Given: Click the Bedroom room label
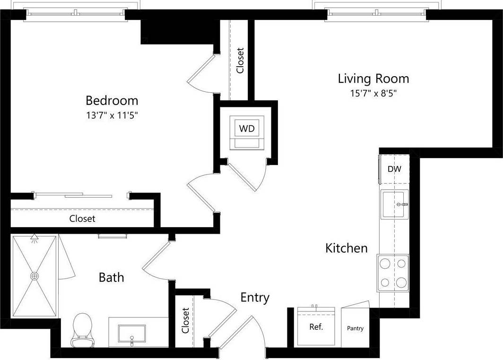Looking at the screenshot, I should click(x=112, y=100).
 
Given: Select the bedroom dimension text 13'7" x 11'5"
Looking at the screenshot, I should click(x=112, y=114).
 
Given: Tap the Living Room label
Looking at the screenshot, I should click(x=373, y=78).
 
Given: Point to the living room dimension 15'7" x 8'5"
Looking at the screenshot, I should click(x=373, y=93).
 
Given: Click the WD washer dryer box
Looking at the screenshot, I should click(x=247, y=129).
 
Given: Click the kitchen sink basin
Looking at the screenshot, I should click(x=395, y=204).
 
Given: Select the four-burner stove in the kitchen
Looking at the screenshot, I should click(x=393, y=273).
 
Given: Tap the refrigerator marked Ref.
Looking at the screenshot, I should click(x=316, y=327).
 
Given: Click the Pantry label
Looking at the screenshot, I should click(x=355, y=328).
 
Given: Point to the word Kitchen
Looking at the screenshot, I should click(x=346, y=248).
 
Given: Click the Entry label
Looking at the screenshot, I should click(x=255, y=298).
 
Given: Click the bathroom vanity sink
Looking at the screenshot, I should click(x=132, y=334).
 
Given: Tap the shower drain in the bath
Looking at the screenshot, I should click(x=35, y=275).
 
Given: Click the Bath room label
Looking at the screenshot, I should click(x=111, y=277).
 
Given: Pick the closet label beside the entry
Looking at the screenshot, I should click(x=185, y=320).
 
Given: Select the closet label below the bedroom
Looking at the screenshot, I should click(x=82, y=219).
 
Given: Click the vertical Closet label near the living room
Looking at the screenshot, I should click(x=240, y=60).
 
